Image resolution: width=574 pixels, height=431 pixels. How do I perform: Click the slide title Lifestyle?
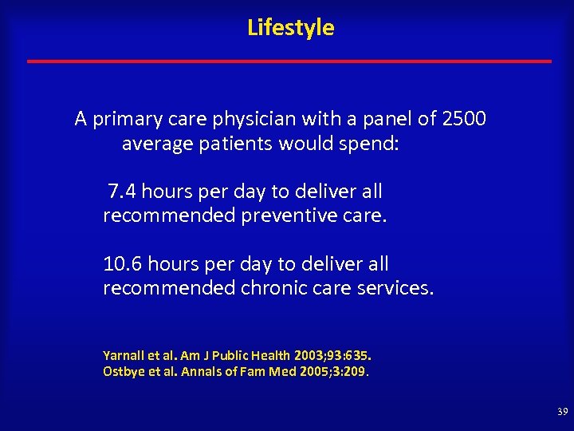click(x=291, y=28)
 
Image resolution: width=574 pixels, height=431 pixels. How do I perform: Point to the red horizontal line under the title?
click(x=289, y=61)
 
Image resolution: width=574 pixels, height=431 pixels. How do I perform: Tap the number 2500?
click(x=464, y=120)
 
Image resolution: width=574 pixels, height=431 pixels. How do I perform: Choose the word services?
click(x=391, y=288)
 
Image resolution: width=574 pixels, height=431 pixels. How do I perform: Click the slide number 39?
click(x=563, y=412)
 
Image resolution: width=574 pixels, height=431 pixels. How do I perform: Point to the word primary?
click(x=122, y=120)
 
